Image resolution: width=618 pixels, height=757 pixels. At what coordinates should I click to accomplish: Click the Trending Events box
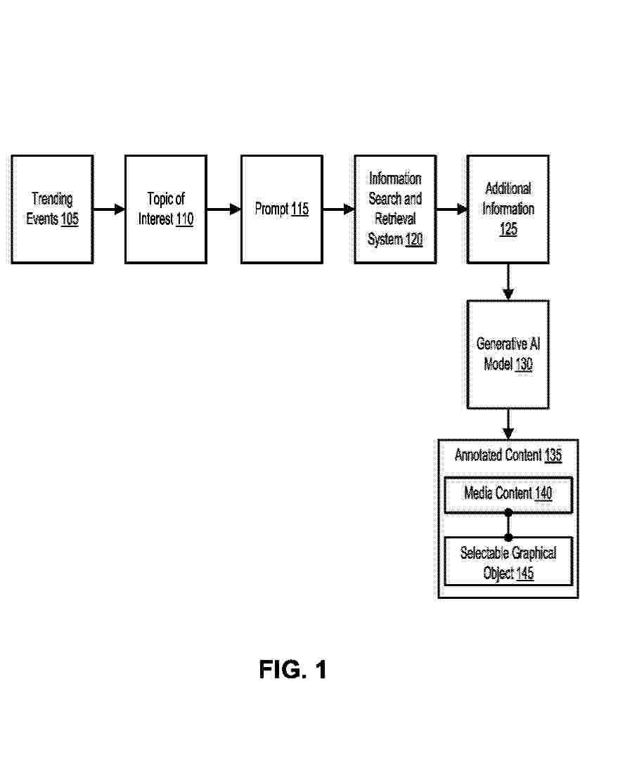click(x=52, y=209)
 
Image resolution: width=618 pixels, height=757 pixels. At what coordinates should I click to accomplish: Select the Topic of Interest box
click(x=166, y=209)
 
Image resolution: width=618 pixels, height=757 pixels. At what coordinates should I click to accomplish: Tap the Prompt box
click(x=282, y=209)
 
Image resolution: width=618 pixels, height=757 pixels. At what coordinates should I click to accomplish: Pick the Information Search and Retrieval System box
click(x=395, y=209)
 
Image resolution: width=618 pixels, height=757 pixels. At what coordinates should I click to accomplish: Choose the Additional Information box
click(x=508, y=209)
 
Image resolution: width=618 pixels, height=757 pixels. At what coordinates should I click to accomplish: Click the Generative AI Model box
click(x=508, y=354)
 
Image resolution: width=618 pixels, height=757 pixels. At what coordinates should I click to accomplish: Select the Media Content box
click(x=508, y=494)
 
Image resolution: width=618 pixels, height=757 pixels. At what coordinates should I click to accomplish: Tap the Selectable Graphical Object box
click(x=508, y=561)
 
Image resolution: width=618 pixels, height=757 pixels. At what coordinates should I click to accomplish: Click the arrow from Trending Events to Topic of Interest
click(x=109, y=209)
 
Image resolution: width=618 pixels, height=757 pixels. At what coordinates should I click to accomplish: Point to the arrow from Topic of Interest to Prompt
click(x=224, y=209)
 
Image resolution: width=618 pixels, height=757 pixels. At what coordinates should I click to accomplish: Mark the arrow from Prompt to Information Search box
click(x=339, y=209)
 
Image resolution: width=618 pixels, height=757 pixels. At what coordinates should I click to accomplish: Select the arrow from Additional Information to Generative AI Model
click(x=508, y=282)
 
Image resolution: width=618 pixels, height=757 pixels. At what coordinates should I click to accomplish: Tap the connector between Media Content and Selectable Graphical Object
click(x=508, y=525)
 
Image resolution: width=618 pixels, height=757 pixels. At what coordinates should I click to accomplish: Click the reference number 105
click(x=70, y=219)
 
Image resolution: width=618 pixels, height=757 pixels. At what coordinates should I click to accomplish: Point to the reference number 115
click(x=300, y=209)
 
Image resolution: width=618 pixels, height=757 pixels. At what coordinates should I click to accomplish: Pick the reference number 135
click(x=553, y=455)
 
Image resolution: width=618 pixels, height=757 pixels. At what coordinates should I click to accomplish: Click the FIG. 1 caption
click(x=293, y=670)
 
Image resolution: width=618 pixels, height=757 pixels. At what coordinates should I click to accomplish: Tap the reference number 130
click(x=524, y=364)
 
